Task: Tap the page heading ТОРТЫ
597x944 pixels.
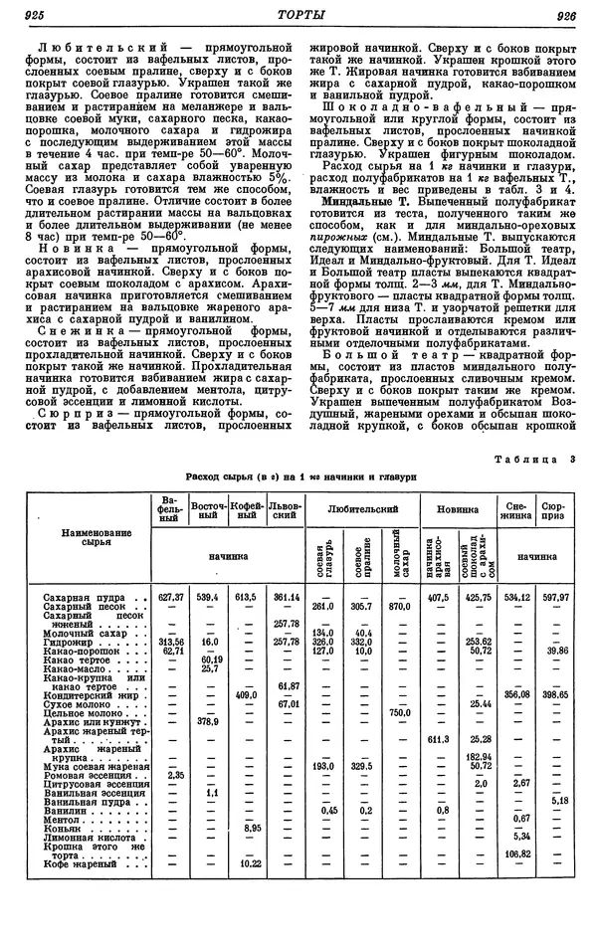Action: click(298, 14)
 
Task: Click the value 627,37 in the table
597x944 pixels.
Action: click(171, 597)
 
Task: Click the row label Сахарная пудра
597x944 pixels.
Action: click(69, 597)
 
